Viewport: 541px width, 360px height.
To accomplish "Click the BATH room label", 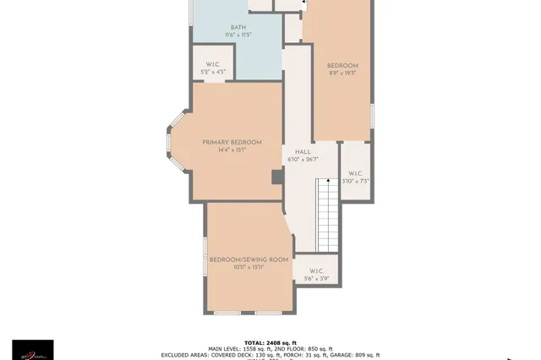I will [238, 27].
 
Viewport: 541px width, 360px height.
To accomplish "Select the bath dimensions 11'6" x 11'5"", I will [238, 35].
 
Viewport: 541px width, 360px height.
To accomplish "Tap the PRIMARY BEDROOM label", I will [232, 142].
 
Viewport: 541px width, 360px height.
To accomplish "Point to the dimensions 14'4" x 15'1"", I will [232, 150].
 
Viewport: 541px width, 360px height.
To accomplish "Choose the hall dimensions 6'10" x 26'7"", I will [303, 159].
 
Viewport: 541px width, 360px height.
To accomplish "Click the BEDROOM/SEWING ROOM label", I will [249, 259].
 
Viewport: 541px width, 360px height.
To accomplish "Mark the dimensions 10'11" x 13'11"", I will [249, 268].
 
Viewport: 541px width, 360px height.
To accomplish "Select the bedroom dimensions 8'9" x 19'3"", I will [342, 74].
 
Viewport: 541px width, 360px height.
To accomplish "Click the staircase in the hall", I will [327, 215].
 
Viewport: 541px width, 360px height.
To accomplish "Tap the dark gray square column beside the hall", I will [276, 177].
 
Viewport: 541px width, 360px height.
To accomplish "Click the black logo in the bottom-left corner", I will [32, 350].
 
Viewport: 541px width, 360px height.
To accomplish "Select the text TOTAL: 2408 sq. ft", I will [270, 342].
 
